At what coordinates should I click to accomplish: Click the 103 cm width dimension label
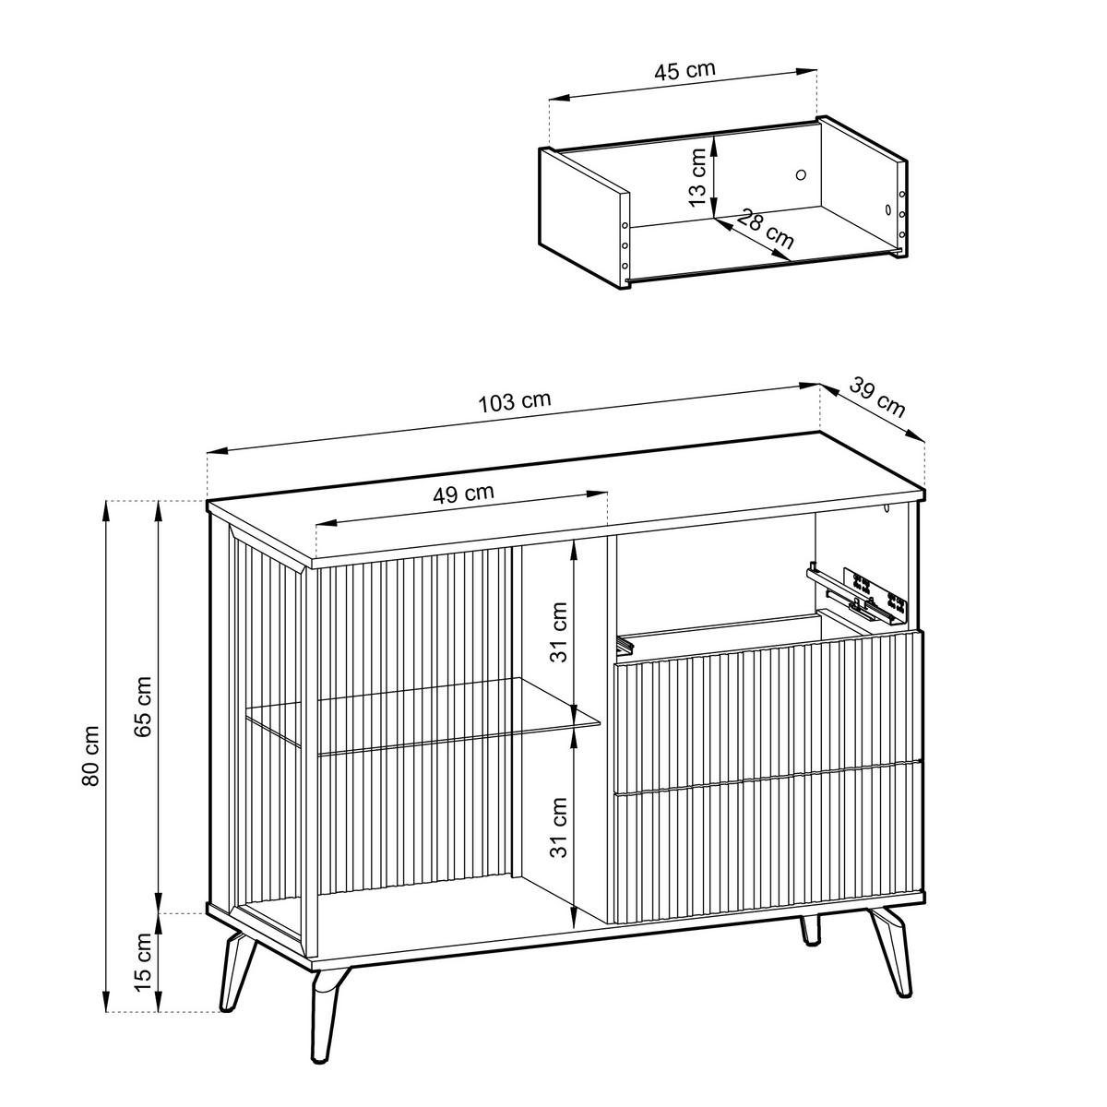pos(515,402)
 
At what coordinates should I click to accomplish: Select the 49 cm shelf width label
pos(463,493)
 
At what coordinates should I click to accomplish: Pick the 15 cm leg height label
pos(143,961)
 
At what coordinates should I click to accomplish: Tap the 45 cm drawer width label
pos(684,70)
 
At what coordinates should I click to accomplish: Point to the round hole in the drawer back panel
pos(801,173)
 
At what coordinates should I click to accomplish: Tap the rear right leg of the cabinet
pos(810,930)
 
